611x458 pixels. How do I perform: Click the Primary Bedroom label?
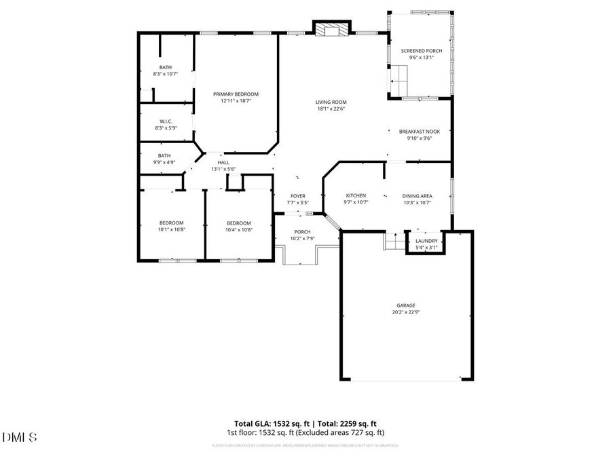tap(236, 94)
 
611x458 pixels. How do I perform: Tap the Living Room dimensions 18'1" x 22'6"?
tap(331, 109)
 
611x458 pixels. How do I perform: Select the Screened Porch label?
tap(421, 51)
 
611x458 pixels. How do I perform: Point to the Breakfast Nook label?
tap(419, 131)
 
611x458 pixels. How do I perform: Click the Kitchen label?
tap(356, 195)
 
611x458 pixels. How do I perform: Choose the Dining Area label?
tap(418, 195)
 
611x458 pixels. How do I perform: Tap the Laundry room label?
tap(426, 241)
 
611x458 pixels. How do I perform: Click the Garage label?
tap(406, 305)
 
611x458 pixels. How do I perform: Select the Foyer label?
tap(299, 195)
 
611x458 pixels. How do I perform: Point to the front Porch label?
tap(302, 231)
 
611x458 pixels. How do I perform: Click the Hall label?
tap(223, 162)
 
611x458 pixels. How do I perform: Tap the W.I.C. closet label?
tap(166, 121)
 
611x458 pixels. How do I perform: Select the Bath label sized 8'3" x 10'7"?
tap(166, 67)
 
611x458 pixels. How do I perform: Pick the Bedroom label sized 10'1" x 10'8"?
tap(172, 223)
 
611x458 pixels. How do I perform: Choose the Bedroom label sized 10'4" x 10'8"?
tap(239, 223)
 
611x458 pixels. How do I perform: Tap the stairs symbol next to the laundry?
tap(394, 241)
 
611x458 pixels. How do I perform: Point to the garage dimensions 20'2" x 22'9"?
tap(406, 312)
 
